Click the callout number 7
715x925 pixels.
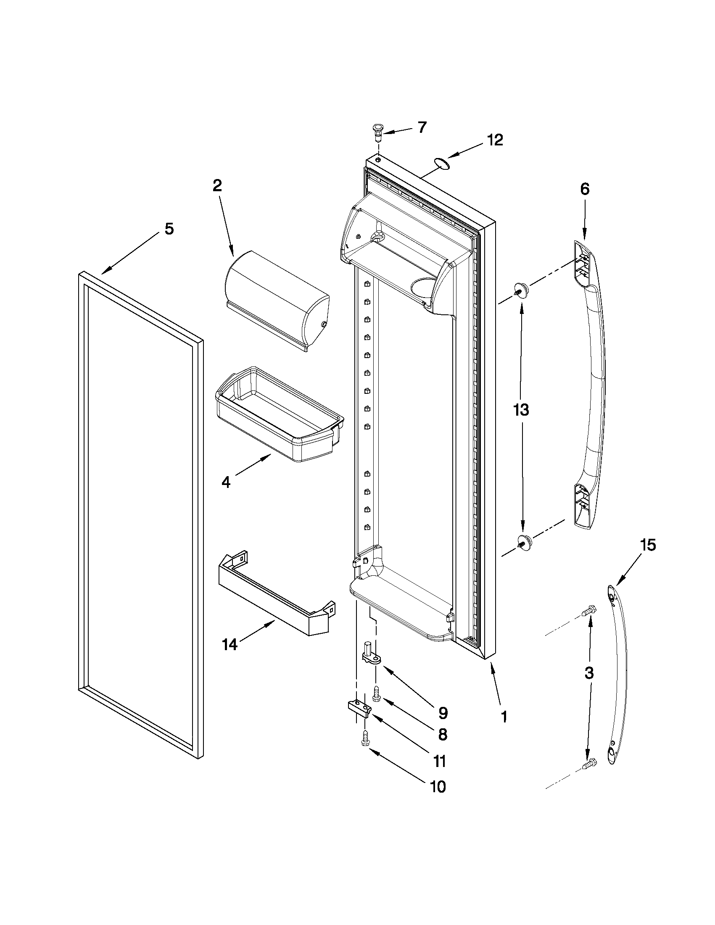(422, 127)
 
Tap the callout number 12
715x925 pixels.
(494, 140)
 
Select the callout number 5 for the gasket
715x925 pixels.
(169, 229)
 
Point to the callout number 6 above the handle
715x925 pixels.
(585, 189)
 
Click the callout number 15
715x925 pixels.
(648, 545)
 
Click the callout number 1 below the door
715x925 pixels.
(504, 717)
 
